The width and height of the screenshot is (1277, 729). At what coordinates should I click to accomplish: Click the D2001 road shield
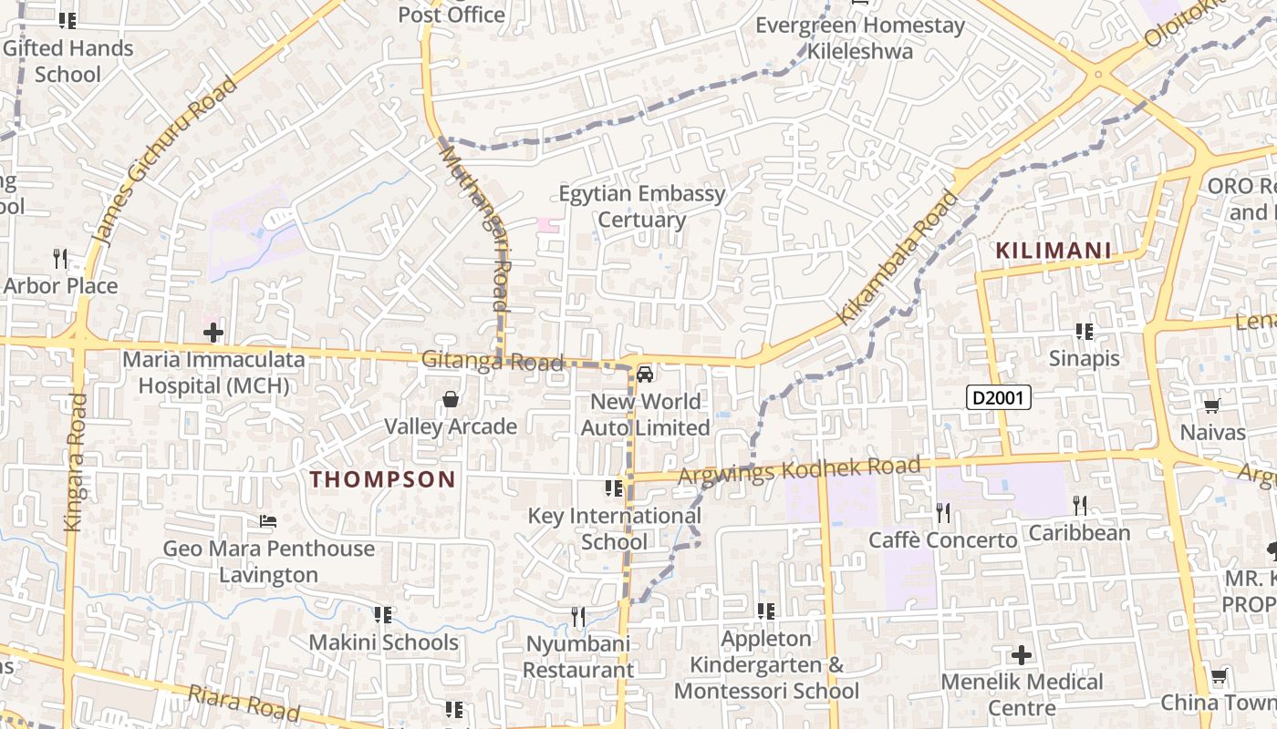tap(999, 397)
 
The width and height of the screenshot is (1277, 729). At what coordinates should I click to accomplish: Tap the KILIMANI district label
tap(1053, 251)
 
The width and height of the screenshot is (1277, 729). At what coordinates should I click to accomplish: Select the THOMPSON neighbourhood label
tap(382, 479)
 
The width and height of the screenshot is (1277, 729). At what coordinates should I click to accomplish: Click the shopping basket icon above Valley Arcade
tap(450, 399)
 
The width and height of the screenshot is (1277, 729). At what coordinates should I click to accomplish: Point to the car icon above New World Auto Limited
tap(645, 374)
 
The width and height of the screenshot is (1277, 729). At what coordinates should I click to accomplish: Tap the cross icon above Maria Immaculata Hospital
tap(213, 333)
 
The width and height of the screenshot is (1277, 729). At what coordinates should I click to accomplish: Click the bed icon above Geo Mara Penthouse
tap(268, 522)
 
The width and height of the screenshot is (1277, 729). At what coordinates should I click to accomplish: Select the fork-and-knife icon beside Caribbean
tap(1080, 505)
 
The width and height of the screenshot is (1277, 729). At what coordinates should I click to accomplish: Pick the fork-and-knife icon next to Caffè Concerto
tap(943, 513)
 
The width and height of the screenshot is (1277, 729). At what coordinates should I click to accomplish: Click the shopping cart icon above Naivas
tap(1212, 406)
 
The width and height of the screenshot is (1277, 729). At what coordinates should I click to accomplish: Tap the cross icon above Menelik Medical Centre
tap(1022, 655)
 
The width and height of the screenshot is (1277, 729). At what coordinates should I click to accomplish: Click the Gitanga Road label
tap(493, 361)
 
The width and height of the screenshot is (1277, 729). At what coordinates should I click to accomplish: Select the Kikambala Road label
tap(898, 258)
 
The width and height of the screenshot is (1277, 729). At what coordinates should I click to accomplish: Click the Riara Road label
tap(244, 703)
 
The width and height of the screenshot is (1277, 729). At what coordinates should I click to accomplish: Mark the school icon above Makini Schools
tap(383, 615)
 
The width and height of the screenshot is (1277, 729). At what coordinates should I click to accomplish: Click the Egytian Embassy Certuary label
tap(642, 207)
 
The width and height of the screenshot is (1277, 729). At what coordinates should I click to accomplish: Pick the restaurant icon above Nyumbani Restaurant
tap(578, 617)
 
